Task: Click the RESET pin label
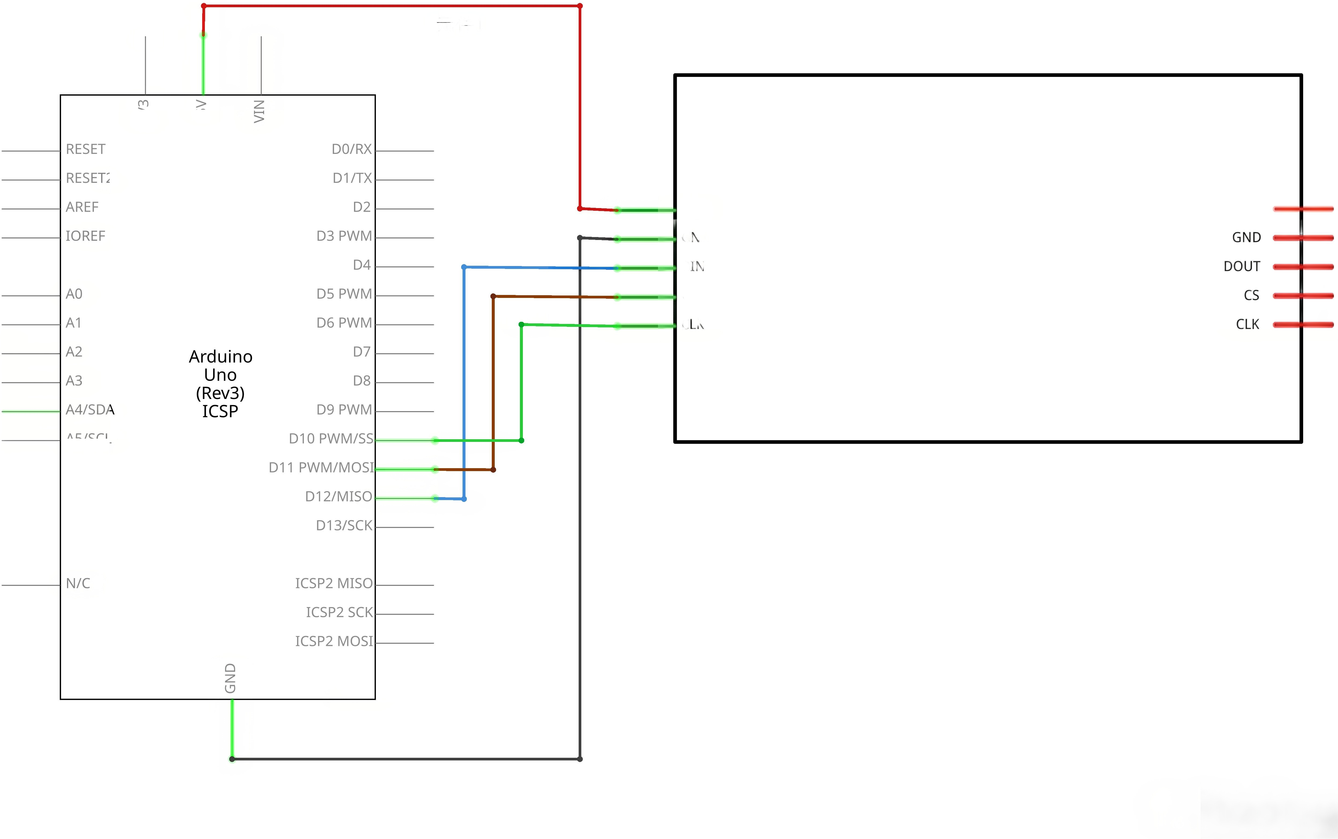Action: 86,149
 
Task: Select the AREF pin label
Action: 82,207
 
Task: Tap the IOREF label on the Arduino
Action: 86,236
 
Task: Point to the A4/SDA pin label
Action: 90,409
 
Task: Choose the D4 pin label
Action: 362,265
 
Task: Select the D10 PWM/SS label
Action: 331,438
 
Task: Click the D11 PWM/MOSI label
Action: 321,467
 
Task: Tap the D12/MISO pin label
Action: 338,496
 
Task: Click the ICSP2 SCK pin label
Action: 339,612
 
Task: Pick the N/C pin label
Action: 78,583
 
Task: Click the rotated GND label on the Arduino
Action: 230,678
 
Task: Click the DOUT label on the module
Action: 1241,266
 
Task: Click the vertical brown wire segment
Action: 493,383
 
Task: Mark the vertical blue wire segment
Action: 464,383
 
